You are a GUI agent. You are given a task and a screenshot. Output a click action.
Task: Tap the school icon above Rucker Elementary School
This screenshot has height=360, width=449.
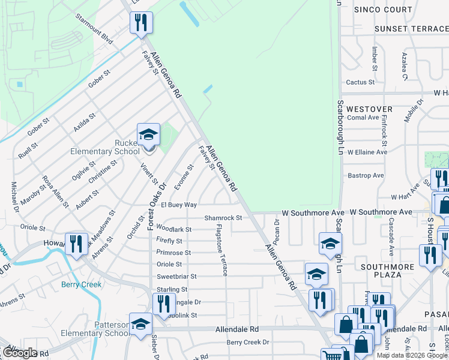point(148,135)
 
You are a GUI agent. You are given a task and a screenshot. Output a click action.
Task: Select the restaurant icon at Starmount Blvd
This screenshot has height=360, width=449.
point(141,23)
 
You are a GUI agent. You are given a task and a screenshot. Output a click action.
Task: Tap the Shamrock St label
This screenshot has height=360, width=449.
point(223,218)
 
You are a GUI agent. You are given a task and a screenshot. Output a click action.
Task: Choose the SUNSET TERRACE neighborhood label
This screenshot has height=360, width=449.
point(411,29)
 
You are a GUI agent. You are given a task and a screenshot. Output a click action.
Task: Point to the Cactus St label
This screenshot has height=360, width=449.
point(360,82)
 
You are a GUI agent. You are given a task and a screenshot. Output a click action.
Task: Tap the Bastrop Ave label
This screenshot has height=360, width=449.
point(366,176)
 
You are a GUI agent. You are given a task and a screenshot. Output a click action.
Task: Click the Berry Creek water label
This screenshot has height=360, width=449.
point(81,284)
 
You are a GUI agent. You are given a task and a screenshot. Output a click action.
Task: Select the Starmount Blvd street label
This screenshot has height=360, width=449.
point(95,28)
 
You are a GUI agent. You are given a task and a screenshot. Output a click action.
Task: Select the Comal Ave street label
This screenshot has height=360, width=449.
point(363,118)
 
